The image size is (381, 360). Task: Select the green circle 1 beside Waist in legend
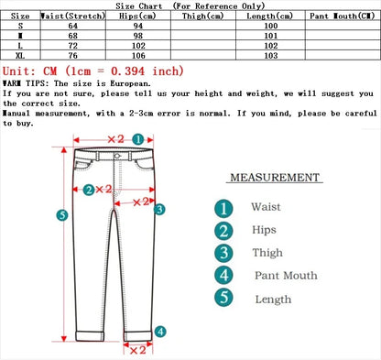click(223, 208)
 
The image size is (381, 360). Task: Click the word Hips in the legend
click(264, 230)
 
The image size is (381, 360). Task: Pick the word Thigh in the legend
click(267, 253)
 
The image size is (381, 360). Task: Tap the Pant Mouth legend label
click(286, 275)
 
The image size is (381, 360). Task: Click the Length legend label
click(272, 299)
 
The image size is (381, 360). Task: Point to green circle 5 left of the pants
click(61, 215)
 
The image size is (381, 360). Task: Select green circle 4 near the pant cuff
click(159, 332)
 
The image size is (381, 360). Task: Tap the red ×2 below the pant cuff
click(137, 349)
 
